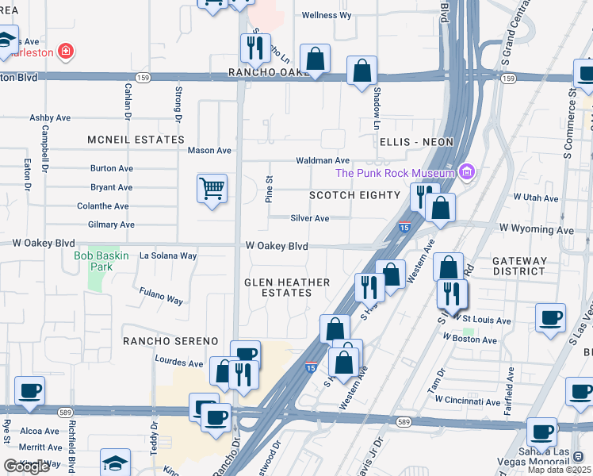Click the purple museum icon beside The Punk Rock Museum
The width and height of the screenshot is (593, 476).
click(468, 172)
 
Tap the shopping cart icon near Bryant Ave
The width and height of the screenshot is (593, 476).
click(212, 189)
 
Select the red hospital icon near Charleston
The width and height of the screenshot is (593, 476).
click(66, 53)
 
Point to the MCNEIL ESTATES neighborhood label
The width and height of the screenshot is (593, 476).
click(136, 140)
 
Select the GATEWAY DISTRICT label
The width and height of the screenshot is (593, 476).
click(519, 267)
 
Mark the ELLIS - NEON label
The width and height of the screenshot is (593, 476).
click(416, 142)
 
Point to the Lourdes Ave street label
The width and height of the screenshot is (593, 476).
click(179, 363)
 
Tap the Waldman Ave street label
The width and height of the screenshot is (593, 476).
click(323, 160)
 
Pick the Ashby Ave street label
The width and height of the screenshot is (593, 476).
click(50, 117)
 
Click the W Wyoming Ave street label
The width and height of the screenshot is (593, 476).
click(536, 230)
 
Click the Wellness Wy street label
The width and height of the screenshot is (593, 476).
click(327, 15)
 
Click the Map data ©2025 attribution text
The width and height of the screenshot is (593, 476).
click(560, 470)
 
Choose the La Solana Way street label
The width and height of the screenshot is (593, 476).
click(168, 256)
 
